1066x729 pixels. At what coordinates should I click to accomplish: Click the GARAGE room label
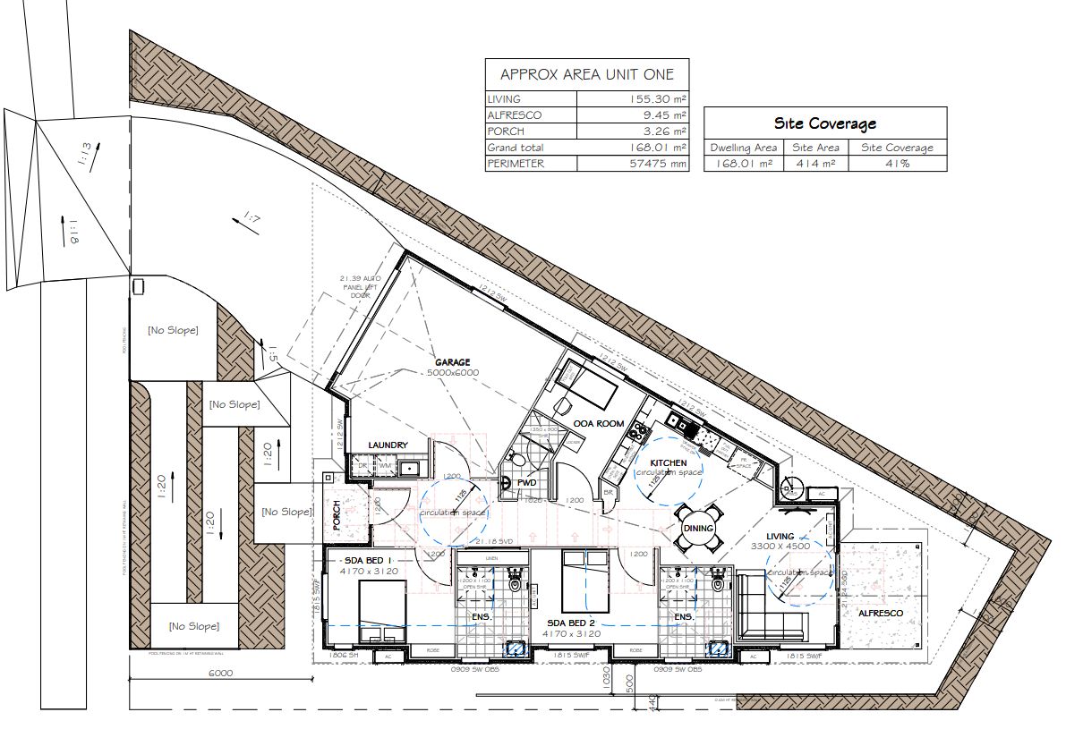(453, 362)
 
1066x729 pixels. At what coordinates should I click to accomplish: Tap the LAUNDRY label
(388, 445)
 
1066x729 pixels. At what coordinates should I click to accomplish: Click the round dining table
(698, 528)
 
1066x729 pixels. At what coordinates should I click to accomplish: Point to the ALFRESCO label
(881, 613)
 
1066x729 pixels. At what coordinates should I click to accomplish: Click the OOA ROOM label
(600, 423)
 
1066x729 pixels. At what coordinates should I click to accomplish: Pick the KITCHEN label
(669, 462)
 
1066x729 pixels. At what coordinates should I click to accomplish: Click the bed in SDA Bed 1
(382, 610)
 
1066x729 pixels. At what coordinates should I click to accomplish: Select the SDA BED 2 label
(572, 622)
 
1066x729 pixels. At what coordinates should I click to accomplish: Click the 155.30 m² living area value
(658, 99)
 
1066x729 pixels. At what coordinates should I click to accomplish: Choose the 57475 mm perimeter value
(658, 164)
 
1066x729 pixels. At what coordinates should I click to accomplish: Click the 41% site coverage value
(897, 163)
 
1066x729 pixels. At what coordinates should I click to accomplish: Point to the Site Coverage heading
(824, 123)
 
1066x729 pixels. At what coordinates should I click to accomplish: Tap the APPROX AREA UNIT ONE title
(586, 74)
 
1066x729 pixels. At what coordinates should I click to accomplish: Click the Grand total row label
(516, 148)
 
